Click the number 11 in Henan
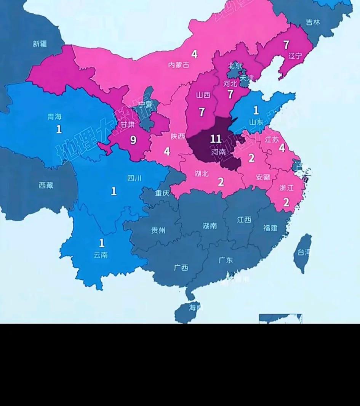tap(216, 139)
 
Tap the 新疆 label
tap(40, 44)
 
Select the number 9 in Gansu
tap(133, 140)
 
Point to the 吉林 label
tap(313, 22)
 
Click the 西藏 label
tap(46, 186)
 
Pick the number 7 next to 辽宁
tap(286, 45)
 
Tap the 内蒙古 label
tap(179, 65)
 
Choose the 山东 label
tap(256, 122)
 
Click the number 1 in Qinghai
tap(59, 129)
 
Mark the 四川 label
tap(134, 178)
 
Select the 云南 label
tap(101, 255)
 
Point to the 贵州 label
tap(158, 230)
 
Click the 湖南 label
tap(210, 226)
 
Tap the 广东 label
tap(226, 260)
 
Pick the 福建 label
tap(270, 228)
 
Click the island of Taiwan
tap(303, 253)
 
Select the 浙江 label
tap(286, 188)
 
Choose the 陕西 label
tap(178, 136)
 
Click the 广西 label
tap(181, 268)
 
